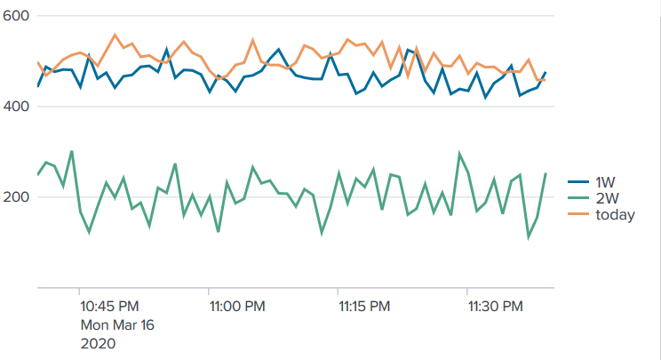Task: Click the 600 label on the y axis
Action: point(17,16)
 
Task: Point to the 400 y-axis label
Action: point(17,107)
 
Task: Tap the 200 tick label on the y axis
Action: point(17,196)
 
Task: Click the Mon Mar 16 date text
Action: point(117,324)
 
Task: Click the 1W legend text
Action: point(605,182)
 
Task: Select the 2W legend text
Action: point(606,198)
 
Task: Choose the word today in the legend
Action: point(615,214)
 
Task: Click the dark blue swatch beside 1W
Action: point(578,182)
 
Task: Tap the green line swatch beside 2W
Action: point(578,198)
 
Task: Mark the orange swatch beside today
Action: point(578,214)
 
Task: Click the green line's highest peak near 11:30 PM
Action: point(459,154)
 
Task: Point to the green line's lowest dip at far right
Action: point(529,237)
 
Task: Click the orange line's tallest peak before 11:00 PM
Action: point(115,36)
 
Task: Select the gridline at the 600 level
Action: point(293,16)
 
